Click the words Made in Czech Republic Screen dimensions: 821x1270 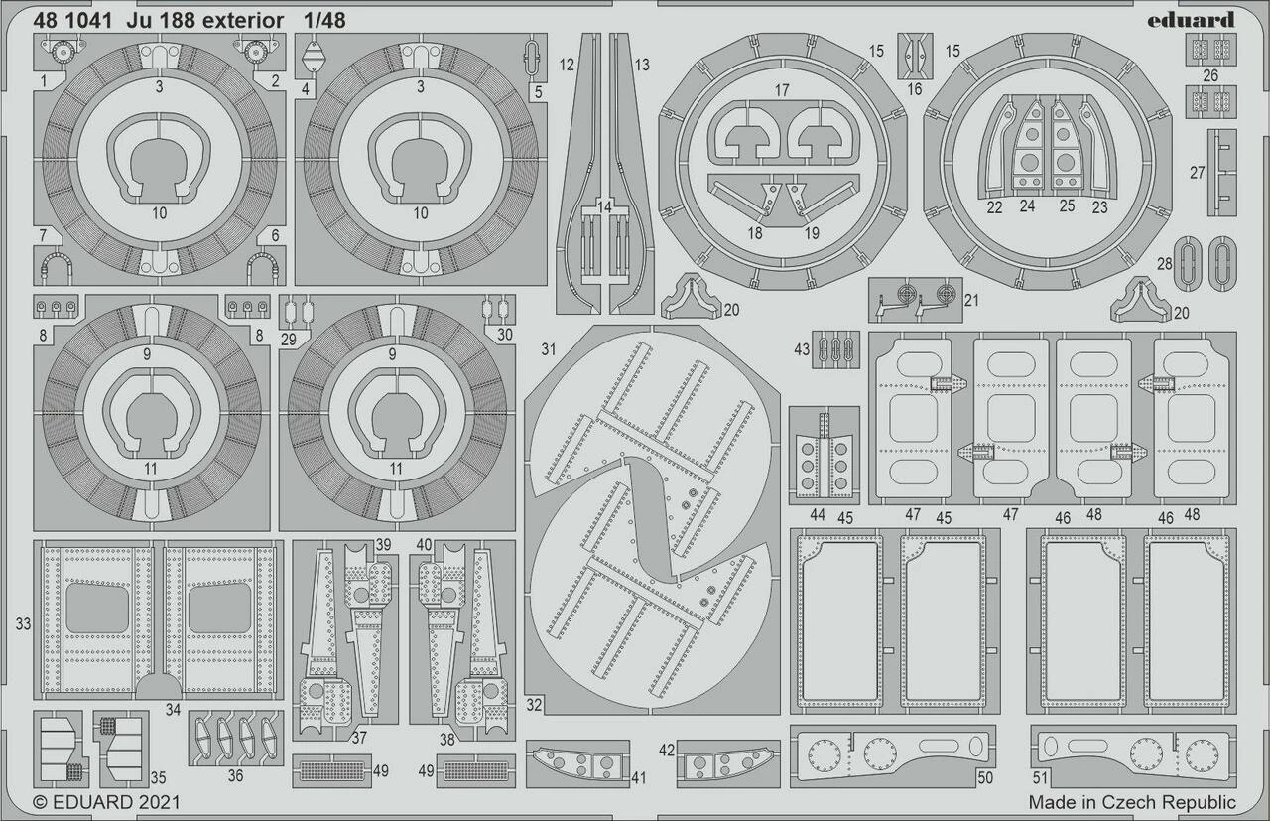[x=1132, y=802]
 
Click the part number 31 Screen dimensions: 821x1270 [x=549, y=349]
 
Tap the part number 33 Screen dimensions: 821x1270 [x=23, y=623]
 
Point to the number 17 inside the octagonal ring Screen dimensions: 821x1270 [x=782, y=90]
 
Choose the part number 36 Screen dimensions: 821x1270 [x=235, y=775]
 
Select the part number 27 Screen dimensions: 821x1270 [x=1197, y=173]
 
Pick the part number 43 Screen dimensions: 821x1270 [x=802, y=348]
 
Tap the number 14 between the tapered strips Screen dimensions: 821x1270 [x=604, y=206]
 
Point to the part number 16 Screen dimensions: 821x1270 [x=914, y=89]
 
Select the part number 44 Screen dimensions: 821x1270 [x=818, y=515]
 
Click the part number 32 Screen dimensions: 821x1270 [x=534, y=706]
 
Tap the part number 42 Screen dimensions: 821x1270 [x=666, y=751]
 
